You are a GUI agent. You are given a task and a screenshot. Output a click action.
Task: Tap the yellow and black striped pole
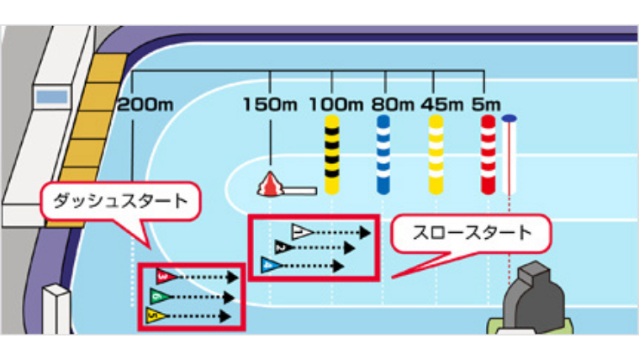(x=333, y=155)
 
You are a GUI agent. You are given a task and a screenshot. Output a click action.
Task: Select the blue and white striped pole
(x=383, y=155)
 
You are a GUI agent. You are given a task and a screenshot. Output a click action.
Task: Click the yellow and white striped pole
(x=436, y=155)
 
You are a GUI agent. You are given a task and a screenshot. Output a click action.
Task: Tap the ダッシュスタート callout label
(x=119, y=202)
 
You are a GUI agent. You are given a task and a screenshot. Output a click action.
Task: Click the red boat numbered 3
(x=166, y=276)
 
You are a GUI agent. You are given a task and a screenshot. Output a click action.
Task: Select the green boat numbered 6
(x=158, y=296)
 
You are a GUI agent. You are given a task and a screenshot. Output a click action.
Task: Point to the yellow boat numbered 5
(x=154, y=316)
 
